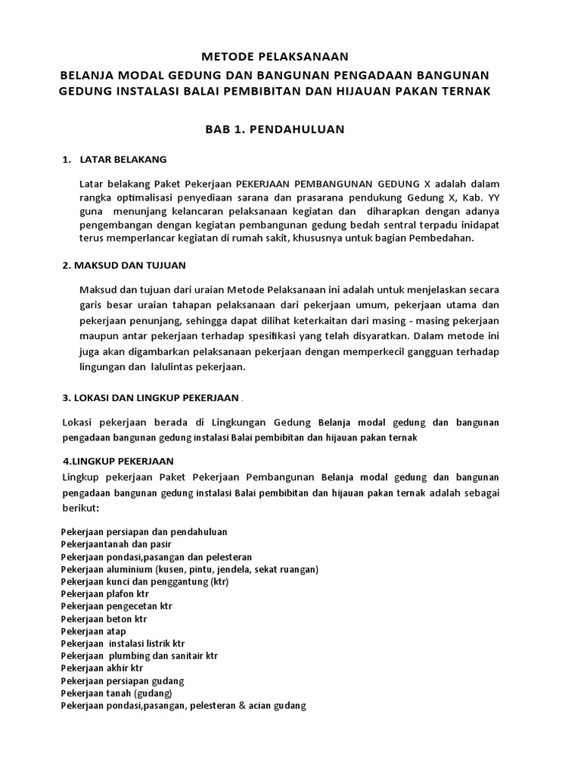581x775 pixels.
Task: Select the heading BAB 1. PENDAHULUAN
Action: coord(275,129)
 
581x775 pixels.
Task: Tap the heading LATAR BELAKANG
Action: coord(123,160)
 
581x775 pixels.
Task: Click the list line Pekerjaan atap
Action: coord(94,631)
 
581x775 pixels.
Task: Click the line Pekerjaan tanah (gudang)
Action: coord(117,693)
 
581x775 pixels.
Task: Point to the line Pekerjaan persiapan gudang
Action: coord(123,680)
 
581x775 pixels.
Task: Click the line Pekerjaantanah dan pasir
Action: coord(117,544)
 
